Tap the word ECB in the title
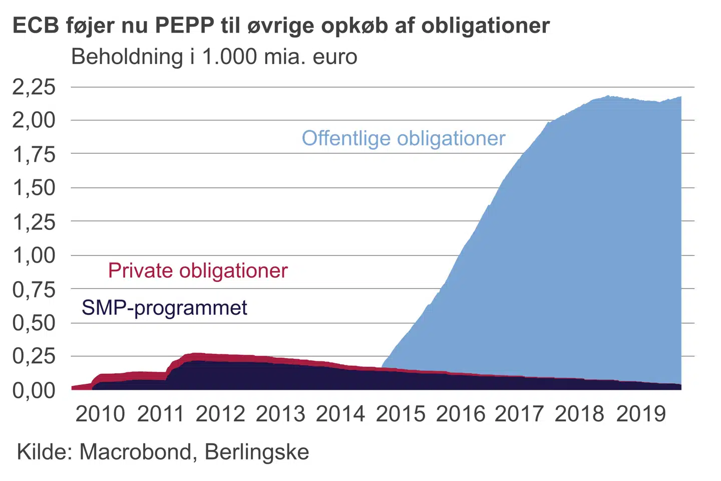36,25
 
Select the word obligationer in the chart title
485,25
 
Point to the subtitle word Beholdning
127,57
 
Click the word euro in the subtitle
335,57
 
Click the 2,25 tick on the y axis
34,87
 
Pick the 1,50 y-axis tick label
34,188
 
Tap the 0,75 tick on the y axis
34,289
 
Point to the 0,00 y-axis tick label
34,390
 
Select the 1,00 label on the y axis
34,256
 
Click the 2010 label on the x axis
100,414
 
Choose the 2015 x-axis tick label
400,414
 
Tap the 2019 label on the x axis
641,414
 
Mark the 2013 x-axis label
280,414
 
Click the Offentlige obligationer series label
404,138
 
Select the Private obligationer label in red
198,271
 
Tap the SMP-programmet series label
164,308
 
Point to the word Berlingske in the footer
257,452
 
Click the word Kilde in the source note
45,452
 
